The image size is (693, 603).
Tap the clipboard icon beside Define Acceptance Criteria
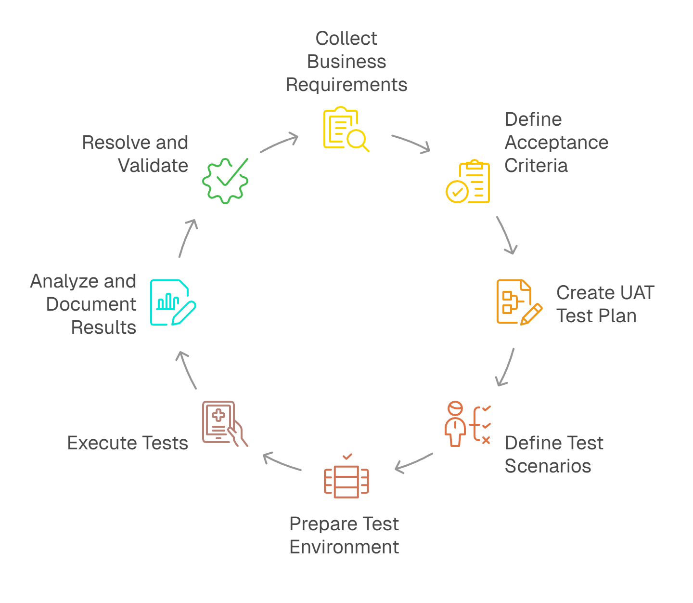click(x=468, y=182)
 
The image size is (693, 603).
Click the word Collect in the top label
click(x=346, y=39)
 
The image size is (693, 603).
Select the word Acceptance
click(x=556, y=143)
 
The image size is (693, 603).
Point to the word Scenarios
click(x=548, y=466)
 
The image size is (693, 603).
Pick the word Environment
click(x=344, y=547)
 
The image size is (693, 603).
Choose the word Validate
click(x=153, y=166)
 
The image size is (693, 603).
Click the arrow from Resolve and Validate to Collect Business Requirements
click(x=279, y=143)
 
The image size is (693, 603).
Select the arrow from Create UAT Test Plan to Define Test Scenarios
click(x=506, y=367)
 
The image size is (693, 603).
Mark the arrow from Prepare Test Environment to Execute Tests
click(x=282, y=461)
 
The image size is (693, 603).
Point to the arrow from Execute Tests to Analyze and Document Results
click(x=186, y=369)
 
